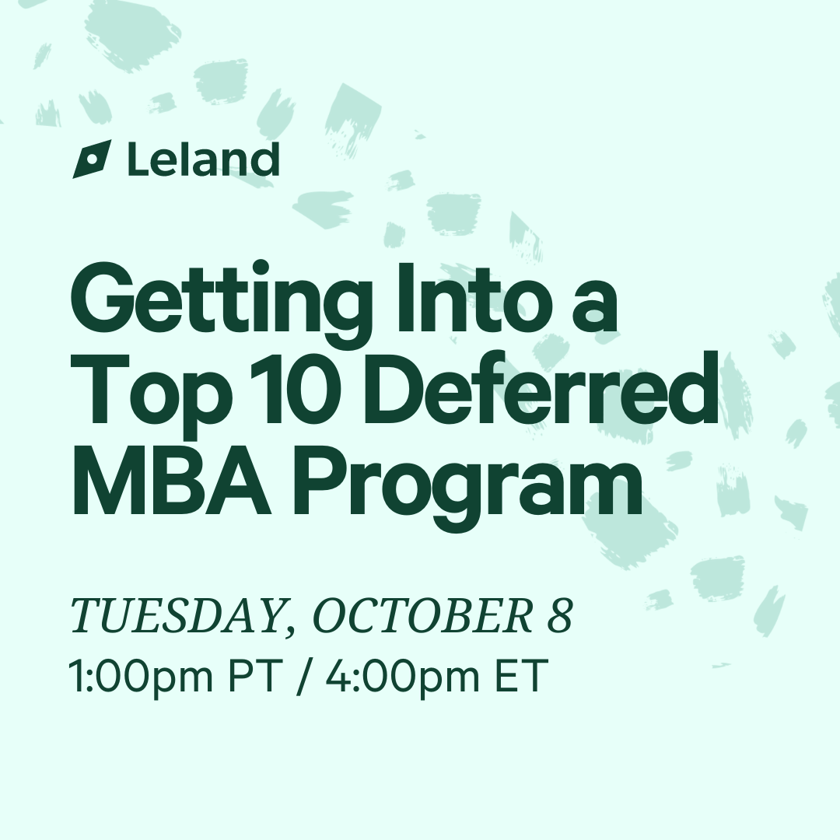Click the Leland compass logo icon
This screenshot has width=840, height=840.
pos(92,159)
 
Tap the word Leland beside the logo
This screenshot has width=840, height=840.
pos(204,159)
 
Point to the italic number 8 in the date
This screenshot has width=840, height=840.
pos(560,615)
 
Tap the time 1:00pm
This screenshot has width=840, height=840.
pos(141,677)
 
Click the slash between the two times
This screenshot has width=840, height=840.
pos(304,677)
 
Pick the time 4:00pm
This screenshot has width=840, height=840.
pos(403,677)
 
